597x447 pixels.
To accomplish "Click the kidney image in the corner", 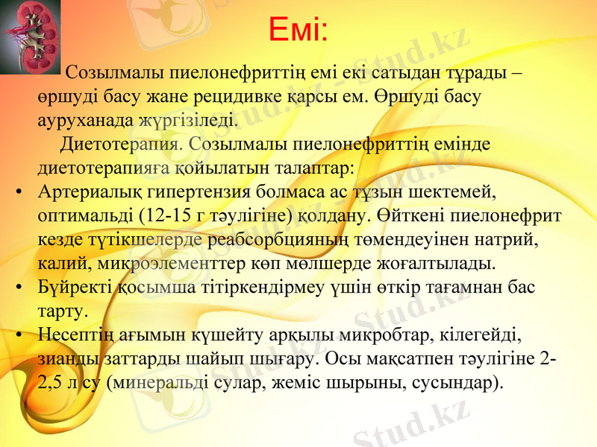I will pyautogui.click(x=30, y=37).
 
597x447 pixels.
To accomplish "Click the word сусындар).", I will pyautogui.click(x=458, y=383).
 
